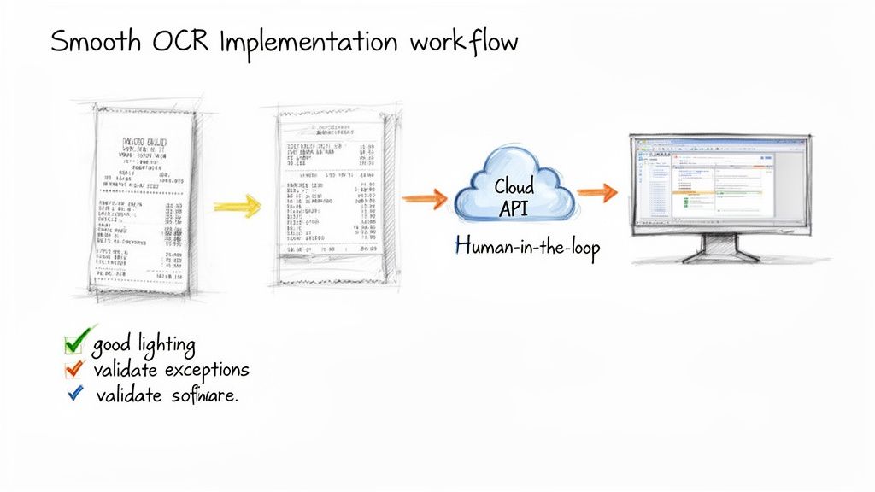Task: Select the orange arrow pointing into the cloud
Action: pyautogui.click(x=424, y=198)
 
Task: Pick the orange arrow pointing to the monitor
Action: pyautogui.click(x=596, y=193)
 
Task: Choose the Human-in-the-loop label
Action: pyautogui.click(x=528, y=248)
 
